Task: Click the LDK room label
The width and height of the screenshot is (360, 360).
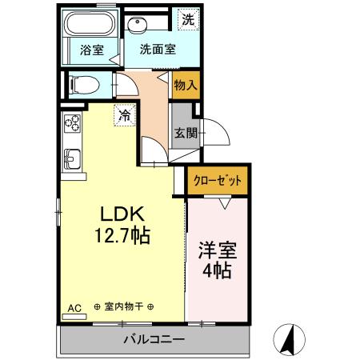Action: coord(121,214)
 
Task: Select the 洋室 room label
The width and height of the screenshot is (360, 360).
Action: coord(216,249)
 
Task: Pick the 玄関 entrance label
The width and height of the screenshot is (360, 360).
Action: coord(184,133)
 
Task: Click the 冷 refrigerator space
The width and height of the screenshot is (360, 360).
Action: coord(125,116)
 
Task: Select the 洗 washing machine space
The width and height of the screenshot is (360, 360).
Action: coord(186,18)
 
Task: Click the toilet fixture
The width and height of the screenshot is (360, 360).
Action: coord(81,84)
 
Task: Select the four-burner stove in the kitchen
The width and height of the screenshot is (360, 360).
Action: coord(72,124)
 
